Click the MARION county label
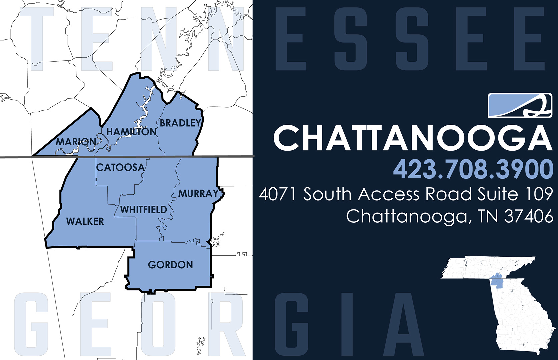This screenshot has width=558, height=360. point(76,142)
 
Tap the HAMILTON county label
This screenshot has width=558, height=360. point(131,132)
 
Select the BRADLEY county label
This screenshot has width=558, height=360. point(180,123)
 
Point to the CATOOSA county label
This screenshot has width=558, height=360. point(120,167)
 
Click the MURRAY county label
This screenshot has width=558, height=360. point(198,193)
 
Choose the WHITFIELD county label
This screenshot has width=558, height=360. point(144,210)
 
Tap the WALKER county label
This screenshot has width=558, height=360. point(85,221)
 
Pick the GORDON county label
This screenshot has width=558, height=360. point(170,265)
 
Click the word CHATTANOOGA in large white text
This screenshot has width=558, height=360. point(413,138)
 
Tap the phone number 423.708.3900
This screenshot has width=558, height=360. point(473,169)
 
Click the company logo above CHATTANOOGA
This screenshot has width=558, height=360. point(520,105)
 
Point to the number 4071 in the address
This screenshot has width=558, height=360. point(277,194)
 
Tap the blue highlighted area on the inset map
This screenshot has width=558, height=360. point(497,281)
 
